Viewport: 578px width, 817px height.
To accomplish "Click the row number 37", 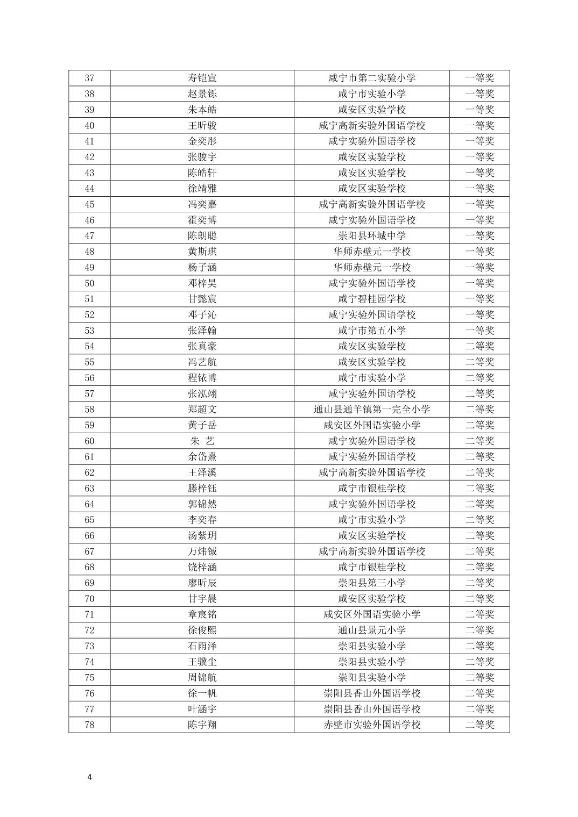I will pos(89,78).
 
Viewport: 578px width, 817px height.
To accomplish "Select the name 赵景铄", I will pos(202,94).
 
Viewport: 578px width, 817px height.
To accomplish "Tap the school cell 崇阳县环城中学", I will pos(372,235).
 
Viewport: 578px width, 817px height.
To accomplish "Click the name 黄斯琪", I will pos(202,252).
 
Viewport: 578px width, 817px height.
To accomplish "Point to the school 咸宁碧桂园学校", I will pos(372,299).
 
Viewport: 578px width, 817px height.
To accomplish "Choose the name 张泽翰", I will pos(202,331).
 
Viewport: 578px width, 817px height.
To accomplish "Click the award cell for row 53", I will pos(480,331).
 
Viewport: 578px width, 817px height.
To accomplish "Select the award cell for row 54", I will pos(480,346).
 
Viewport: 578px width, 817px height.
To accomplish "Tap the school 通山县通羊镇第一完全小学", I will pos(372,409).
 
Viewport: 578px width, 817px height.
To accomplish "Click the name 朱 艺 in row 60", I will pos(202,441).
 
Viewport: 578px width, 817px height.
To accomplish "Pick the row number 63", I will pos(89,488).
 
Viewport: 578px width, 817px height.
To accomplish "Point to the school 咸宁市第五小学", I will pos(372,331).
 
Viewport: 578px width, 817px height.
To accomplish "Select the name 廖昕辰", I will pos(202,583).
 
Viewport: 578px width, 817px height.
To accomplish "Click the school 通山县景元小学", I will pos(372,630).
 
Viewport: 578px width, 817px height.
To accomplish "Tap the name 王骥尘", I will pos(202,662).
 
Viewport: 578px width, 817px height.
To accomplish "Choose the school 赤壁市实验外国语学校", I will pos(372,725).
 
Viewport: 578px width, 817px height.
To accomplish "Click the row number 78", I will pos(89,725).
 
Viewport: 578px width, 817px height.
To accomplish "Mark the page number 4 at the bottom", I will pos(89,777).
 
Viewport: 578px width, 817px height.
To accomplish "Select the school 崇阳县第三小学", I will pos(372,583).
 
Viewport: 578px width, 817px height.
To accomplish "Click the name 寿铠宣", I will pos(202,78).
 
